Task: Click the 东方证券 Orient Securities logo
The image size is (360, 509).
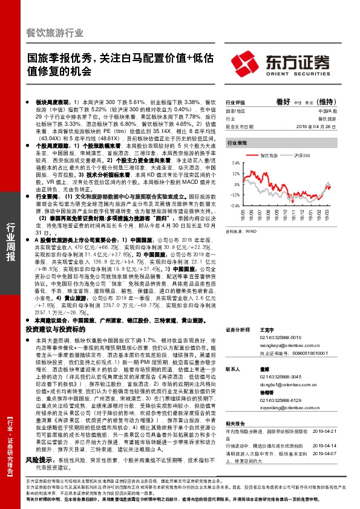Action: pos(296,63)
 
